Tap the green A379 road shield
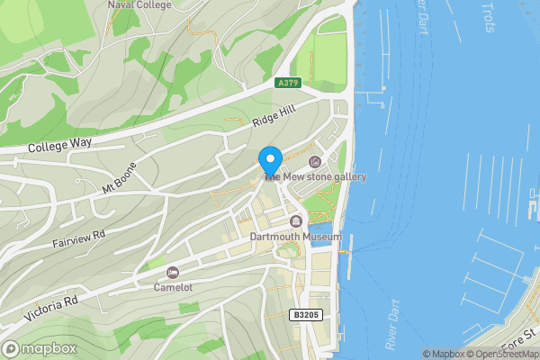pos(288,83)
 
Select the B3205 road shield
pos(306,315)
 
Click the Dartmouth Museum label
pos(296,237)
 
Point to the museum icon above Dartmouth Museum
pos(296,221)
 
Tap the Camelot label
pos(172,288)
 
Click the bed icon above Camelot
pos(172,273)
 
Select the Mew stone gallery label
pos(317,177)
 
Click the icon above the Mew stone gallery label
pos(314,162)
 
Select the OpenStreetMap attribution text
pos(500,354)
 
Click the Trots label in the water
pos(488,16)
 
